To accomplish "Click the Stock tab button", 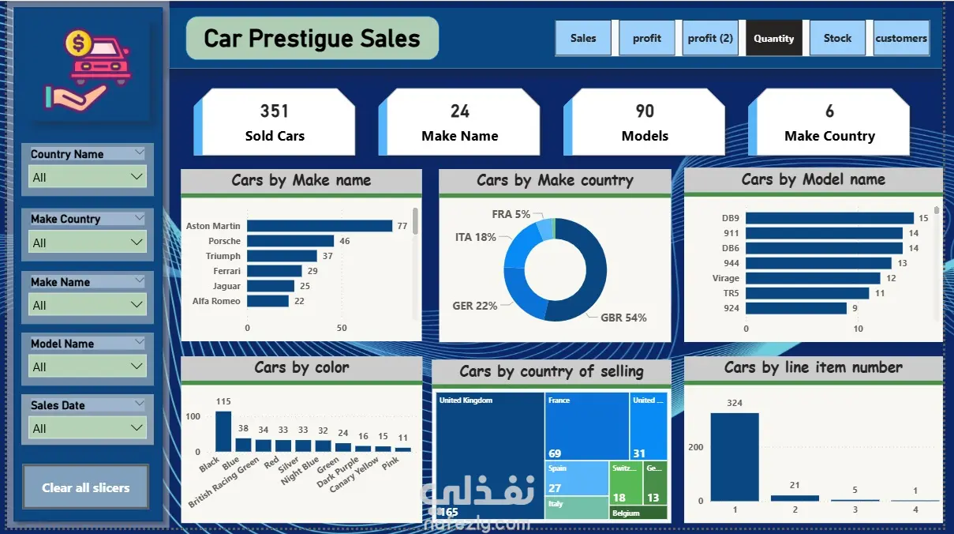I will point(837,38).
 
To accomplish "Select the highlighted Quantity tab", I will point(773,38).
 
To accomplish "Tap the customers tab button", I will point(900,38).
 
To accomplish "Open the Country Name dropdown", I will point(87,177).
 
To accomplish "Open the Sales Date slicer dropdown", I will point(87,428).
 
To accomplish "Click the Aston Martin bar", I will point(320,226).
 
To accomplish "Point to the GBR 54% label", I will point(623,318).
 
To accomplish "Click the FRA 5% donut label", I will point(511,214).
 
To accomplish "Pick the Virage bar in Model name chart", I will point(813,278).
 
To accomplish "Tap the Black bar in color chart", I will point(223,431).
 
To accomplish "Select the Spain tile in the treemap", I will point(576,479).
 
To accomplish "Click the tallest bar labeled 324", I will point(734,457).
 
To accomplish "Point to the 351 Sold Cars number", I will point(275,111).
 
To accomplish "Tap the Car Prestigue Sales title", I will point(312,39).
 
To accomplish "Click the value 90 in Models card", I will point(645,111).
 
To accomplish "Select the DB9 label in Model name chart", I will point(730,218).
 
